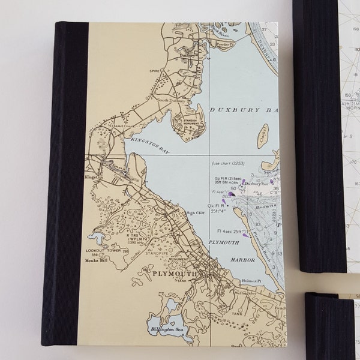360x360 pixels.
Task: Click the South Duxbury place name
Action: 170,100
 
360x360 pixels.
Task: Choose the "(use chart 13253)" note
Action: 229,164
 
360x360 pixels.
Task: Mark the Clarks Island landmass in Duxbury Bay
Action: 262,136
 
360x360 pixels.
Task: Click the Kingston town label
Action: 95,178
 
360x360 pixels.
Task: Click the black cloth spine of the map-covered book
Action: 67,180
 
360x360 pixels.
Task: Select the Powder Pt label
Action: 223,43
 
